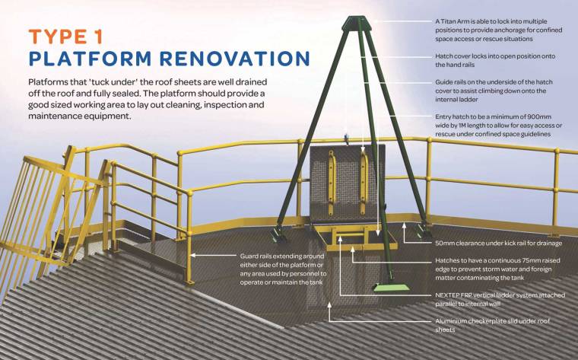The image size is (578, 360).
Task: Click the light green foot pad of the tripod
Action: [x=395, y=287]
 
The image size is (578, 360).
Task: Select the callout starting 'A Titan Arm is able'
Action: [x=494, y=30]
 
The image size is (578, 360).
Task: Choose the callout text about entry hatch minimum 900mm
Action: [x=493, y=126]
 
